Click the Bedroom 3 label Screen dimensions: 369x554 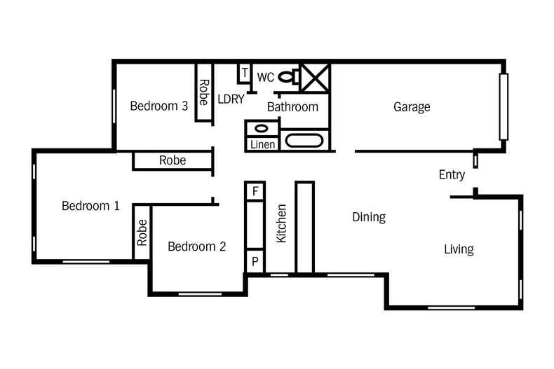point(158,106)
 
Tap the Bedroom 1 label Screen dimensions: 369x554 point(90,206)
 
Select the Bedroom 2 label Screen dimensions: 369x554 point(196,246)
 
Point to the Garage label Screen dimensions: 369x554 point(412,107)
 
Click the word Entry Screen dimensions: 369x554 point(452,174)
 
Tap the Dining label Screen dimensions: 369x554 point(369,217)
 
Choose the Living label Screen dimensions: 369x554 point(459,249)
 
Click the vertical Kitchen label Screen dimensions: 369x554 point(282,223)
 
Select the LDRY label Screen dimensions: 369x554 point(231,99)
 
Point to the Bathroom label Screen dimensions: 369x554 point(292,107)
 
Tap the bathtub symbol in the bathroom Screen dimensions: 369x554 point(305,141)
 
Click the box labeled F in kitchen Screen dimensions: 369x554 point(255,190)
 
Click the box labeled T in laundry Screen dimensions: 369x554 point(245,71)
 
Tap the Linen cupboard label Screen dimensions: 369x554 point(262,145)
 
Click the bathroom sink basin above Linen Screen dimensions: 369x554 point(261,129)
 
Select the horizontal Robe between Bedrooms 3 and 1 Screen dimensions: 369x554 point(173,160)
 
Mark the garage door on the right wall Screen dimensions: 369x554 point(503,106)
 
